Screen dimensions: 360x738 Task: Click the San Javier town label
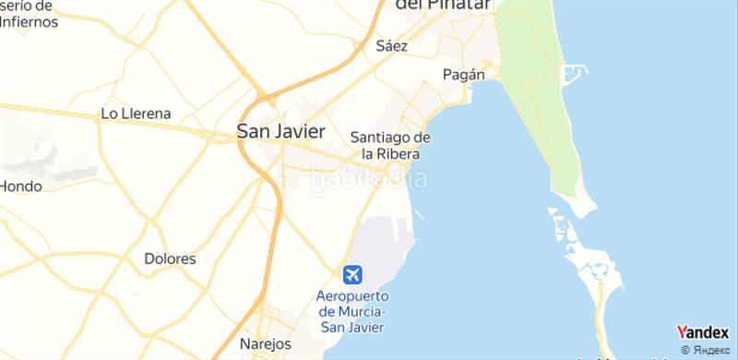[x=280, y=132]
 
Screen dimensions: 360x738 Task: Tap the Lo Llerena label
[x=135, y=114]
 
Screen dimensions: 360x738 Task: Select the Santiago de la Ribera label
[x=391, y=145]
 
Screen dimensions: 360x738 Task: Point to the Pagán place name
[x=463, y=74]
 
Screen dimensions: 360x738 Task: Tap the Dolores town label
[x=170, y=259]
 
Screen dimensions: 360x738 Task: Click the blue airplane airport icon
[x=352, y=274]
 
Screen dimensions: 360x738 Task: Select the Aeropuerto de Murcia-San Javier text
[x=352, y=311]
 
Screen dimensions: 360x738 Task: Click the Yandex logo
[x=702, y=333]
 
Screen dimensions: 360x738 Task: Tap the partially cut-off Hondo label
[x=20, y=186]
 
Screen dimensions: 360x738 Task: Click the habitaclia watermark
[x=367, y=178]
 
